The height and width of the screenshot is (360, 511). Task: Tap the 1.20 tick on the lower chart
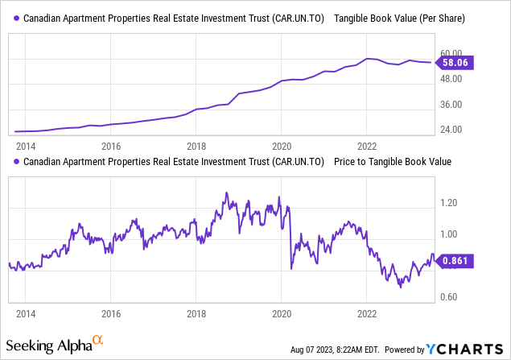tap(449, 203)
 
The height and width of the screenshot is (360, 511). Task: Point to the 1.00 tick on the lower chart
tap(449, 234)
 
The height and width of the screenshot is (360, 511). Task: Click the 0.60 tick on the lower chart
tap(449, 298)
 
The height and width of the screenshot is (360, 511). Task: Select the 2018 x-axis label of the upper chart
tap(196, 147)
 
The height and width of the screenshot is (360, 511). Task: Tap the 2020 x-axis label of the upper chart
tap(282, 147)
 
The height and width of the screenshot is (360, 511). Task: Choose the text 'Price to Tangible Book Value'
tap(393, 161)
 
